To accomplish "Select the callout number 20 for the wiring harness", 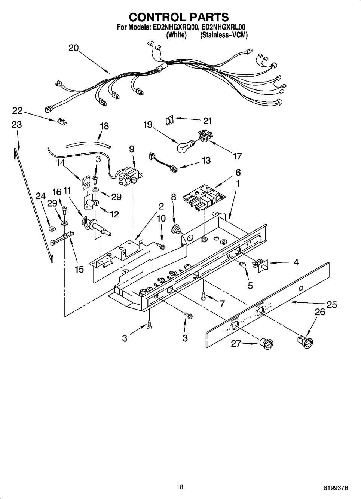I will coord(73,48).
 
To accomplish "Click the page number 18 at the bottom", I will coord(180,487).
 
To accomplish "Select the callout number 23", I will coord(17,124).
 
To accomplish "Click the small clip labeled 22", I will coord(62,122).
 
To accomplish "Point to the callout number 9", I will coord(132,149).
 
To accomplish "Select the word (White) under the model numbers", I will coord(176,35).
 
